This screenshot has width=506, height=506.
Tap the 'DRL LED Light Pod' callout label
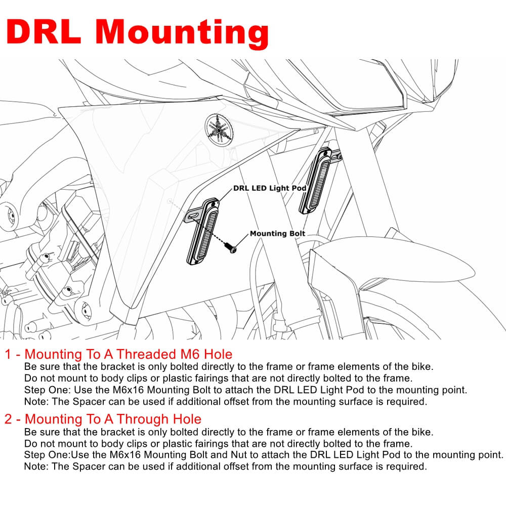[270, 188]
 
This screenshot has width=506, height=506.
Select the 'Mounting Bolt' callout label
[277, 233]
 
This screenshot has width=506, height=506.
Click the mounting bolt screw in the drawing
[231, 247]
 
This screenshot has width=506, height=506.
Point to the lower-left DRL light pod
[202, 231]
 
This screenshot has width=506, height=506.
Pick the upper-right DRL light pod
[315, 181]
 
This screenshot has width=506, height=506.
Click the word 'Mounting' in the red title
[182, 34]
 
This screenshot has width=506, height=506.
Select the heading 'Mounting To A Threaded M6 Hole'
[129, 354]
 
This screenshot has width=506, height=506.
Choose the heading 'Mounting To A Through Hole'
[113, 419]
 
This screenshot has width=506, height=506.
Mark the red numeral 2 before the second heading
[9, 419]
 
